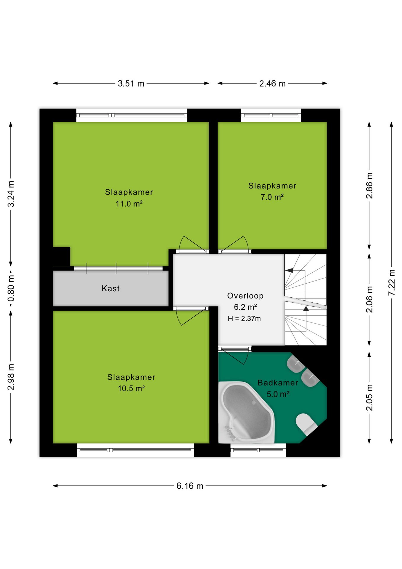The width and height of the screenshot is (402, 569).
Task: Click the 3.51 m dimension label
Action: tap(131, 84)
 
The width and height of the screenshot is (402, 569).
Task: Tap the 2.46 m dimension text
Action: tap(272, 84)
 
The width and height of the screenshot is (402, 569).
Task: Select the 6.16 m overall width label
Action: tap(190, 486)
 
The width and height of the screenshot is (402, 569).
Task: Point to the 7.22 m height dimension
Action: tap(391, 282)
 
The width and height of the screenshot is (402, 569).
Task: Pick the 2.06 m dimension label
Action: tap(369, 299)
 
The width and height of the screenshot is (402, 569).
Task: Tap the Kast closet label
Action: tap(110, 288)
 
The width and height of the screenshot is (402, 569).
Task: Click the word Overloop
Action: tap(245, 296)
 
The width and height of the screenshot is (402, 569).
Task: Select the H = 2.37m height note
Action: tap(244, 319)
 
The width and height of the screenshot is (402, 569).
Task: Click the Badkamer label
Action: tap(278, 383)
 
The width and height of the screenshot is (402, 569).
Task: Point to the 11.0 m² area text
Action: tap(129, 204)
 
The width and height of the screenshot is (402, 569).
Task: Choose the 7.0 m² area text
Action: tap(272, 197)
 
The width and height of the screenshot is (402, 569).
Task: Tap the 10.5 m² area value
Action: tap(131, 389)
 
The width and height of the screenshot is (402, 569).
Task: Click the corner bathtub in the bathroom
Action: tap(246, 412)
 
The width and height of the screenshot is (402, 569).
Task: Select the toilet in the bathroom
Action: tap(306, 424)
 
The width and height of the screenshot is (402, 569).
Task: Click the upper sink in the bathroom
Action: tap(295, 364)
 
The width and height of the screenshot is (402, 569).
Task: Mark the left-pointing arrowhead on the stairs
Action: tap(289, 270)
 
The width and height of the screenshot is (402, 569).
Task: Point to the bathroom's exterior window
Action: tap(258, 450)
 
